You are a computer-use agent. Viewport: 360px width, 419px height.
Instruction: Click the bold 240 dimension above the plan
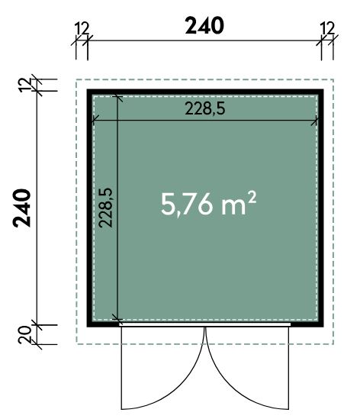tap(204, 25)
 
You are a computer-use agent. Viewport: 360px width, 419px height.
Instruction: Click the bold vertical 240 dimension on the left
tap(22, 208)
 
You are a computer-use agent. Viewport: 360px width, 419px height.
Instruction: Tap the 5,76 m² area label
tap(208, 204)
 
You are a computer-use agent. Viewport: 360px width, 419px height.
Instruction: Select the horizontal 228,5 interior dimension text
tap(205, 109)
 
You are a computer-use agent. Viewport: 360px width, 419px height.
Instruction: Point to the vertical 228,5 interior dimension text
tap(106, 208)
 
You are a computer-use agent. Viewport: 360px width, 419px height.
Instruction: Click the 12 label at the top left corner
tap(82, 28)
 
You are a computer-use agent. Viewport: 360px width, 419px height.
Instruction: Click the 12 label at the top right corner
tap(327, 28)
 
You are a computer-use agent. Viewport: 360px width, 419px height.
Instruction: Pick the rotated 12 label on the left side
tap(25, 85)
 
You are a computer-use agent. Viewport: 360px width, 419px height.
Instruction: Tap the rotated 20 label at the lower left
tap(25, 334)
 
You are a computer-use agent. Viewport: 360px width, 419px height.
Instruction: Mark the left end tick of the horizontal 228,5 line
tap(93, 121)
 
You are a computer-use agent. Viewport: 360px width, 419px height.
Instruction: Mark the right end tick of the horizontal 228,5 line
tap(317, 121)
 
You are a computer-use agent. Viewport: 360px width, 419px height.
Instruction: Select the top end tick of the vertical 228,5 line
tap(117, 96)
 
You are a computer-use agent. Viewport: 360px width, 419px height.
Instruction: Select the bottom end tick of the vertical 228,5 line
tap(117, 319)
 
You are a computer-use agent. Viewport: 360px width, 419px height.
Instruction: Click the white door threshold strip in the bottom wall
tap(205, 324)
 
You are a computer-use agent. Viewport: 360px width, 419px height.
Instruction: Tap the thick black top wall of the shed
tap(205, 92)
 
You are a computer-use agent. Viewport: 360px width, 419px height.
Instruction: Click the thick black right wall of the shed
tap(320, 208)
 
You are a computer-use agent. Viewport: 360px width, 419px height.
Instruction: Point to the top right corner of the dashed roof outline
tap(333, 79)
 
